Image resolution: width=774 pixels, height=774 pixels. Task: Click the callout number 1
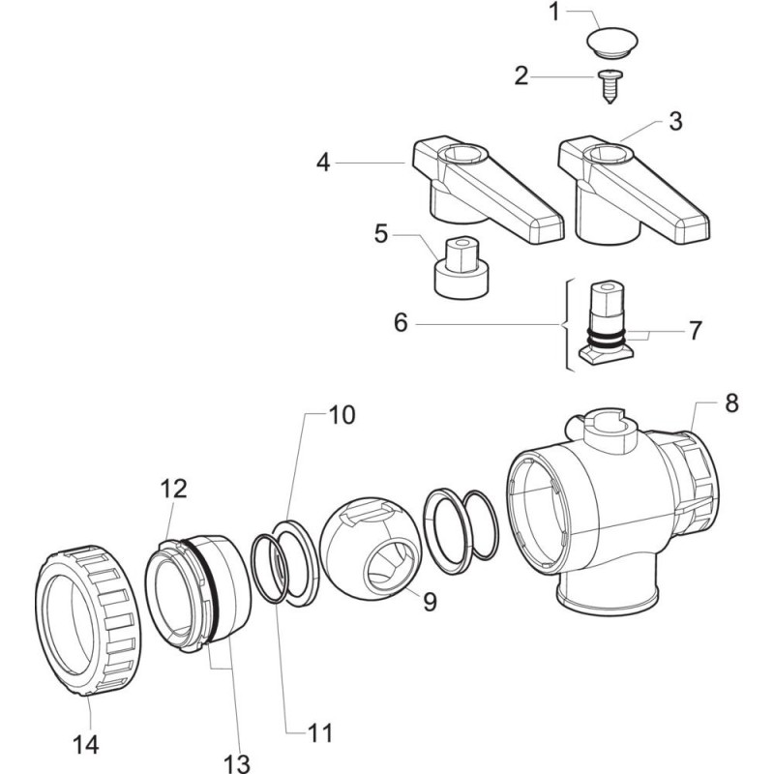554,15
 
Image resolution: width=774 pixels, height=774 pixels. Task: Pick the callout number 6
402,323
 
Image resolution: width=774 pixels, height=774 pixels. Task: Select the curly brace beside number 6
563,324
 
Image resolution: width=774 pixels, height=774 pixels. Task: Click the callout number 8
730,403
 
